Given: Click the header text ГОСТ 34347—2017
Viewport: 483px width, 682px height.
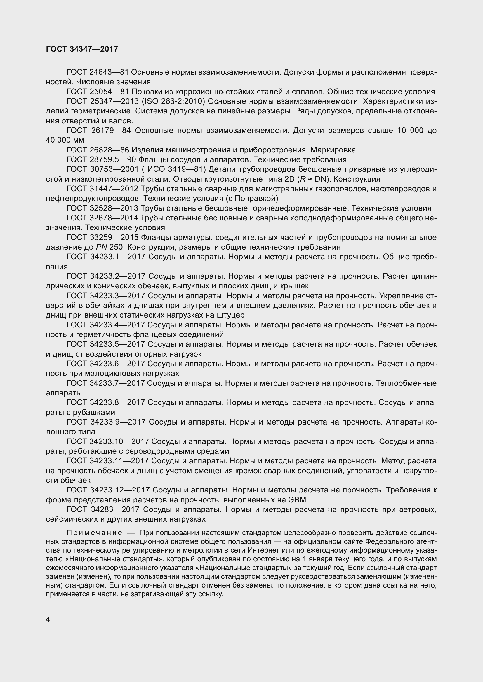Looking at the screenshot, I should point(82,49).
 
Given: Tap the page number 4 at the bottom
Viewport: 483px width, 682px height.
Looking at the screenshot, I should point(48,619).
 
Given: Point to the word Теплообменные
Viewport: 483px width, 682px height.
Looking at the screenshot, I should point(406,383).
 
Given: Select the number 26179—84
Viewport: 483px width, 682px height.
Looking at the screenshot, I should point(110,130).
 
